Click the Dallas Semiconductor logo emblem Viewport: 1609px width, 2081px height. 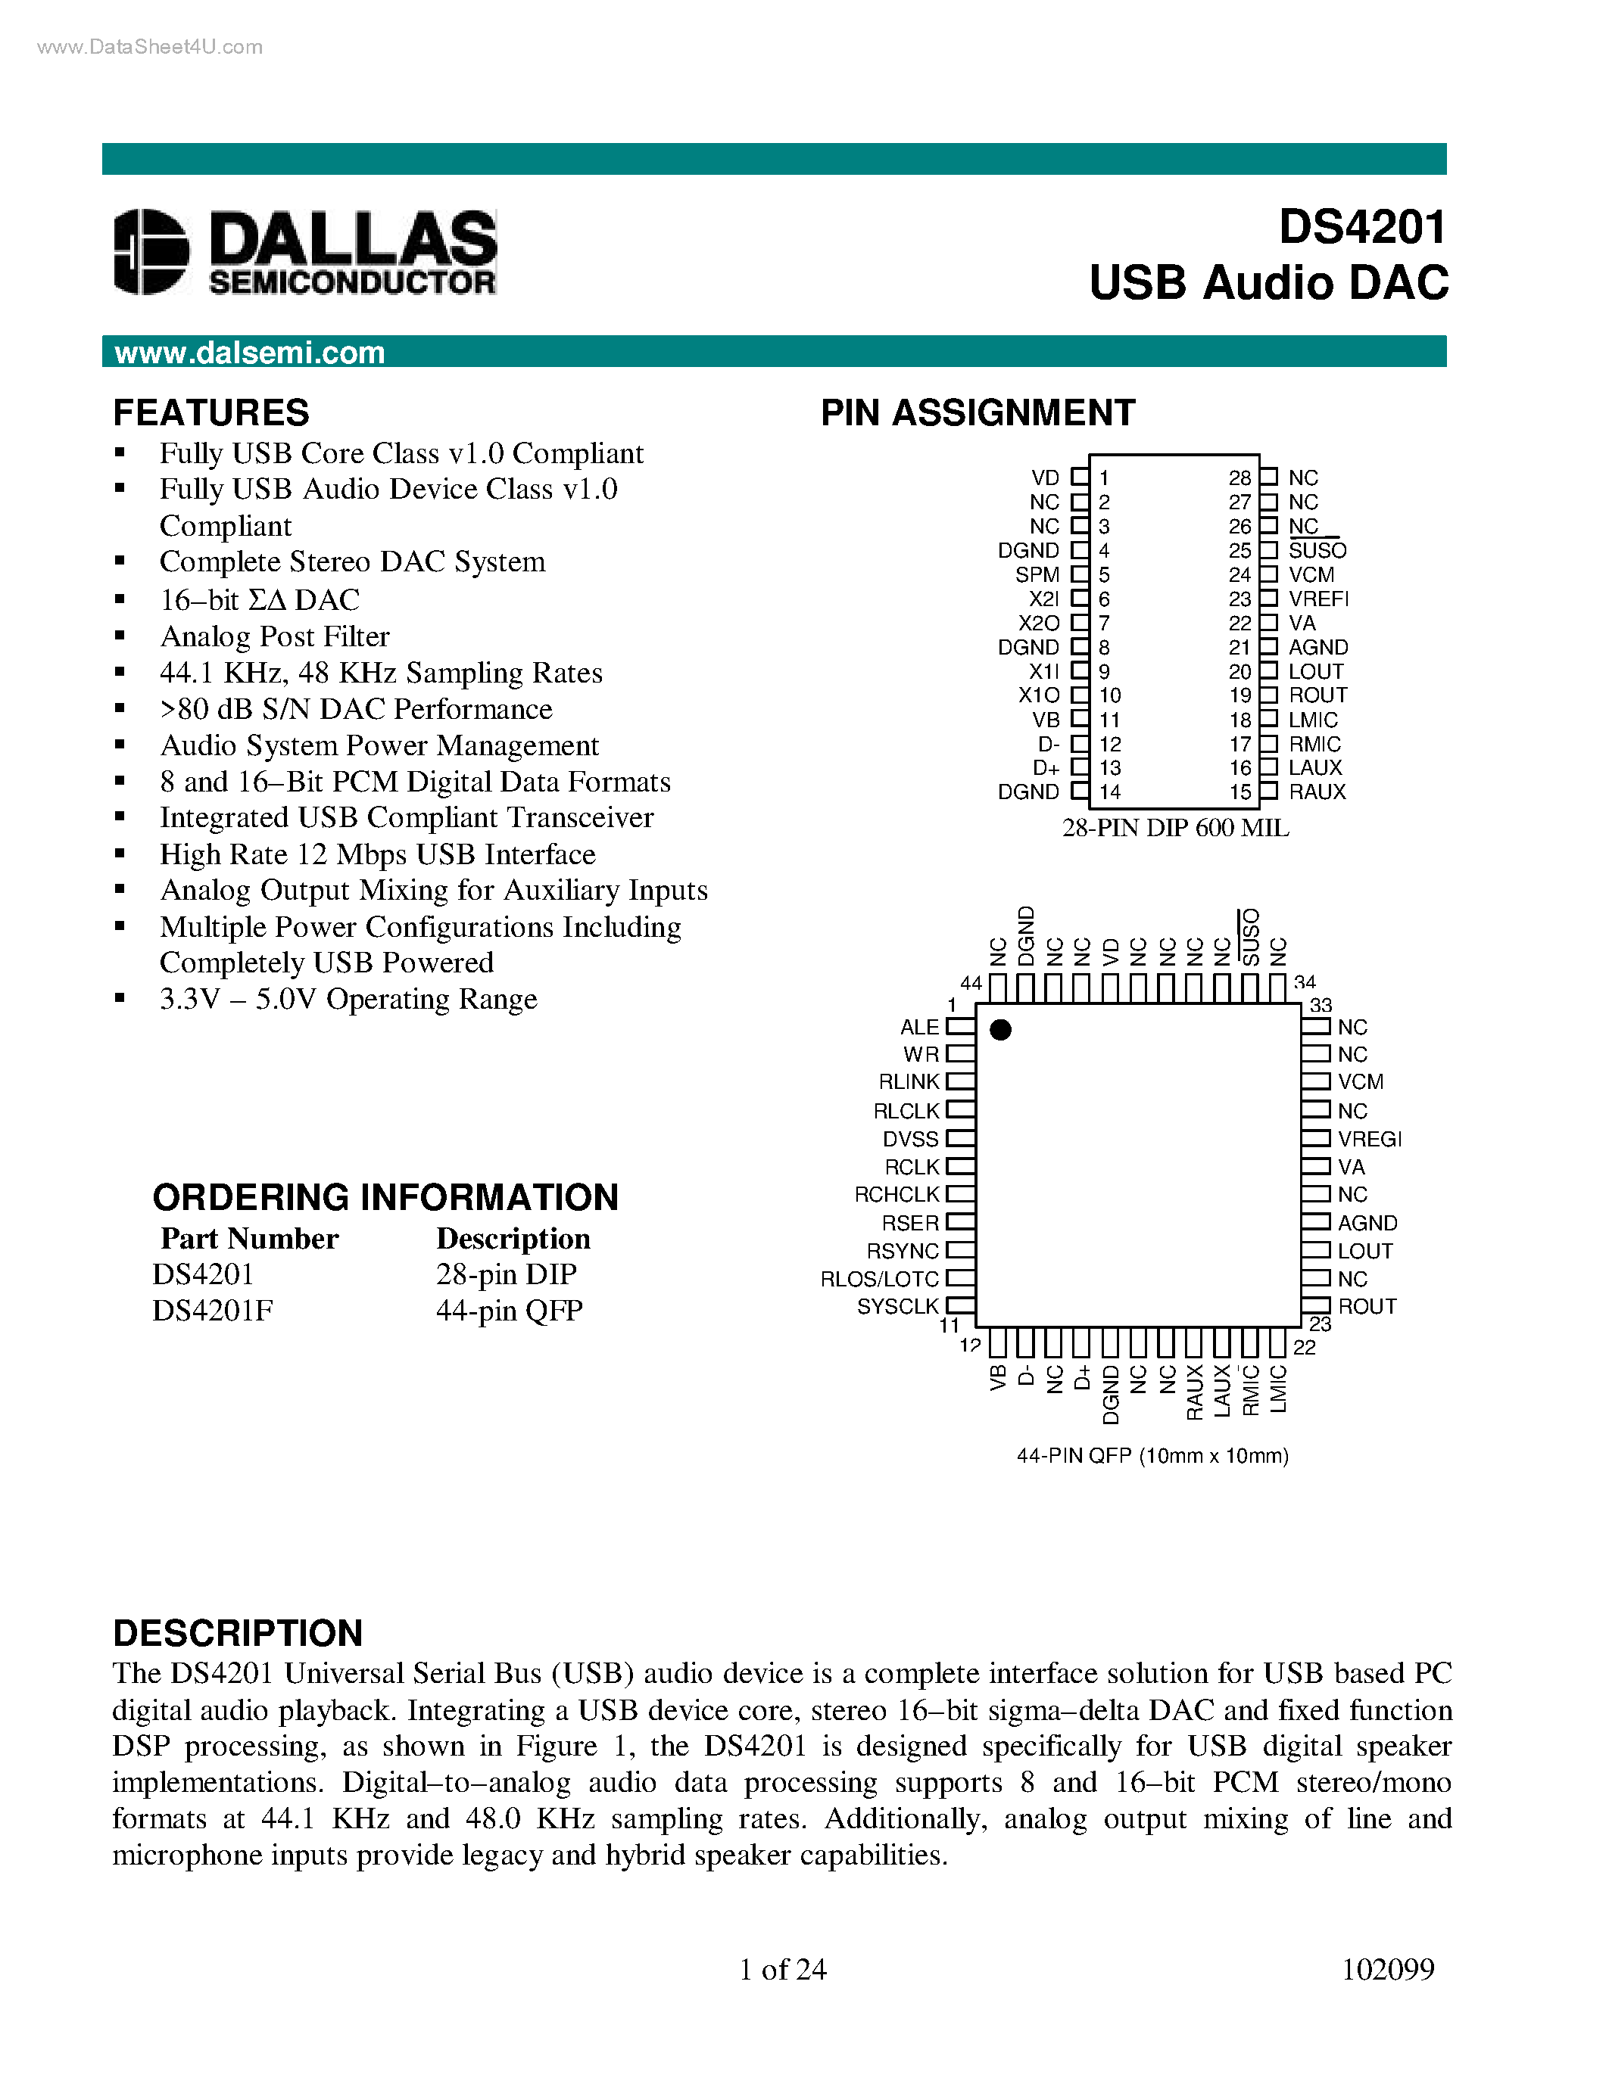[151, 251]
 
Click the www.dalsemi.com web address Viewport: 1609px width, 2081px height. [250, 353]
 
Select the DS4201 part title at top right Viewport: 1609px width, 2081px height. [1362, 227]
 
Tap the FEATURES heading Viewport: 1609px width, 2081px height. [210, 412]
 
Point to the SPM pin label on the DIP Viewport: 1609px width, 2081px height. [1037, 574]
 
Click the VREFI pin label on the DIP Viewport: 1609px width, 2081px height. [1318, 599]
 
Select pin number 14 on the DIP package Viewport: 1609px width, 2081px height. [1109, 792]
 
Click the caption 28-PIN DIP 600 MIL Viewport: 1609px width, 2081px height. [1175, 828]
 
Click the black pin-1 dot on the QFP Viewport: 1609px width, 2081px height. [1001, 1030]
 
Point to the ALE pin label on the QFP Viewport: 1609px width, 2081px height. [920, 1027]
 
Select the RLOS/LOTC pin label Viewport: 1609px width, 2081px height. [880, 1279]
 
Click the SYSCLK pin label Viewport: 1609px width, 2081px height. [898, 1306]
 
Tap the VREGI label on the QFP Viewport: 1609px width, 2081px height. [1369, 1139]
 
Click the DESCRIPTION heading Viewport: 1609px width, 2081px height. [237, 1632]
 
